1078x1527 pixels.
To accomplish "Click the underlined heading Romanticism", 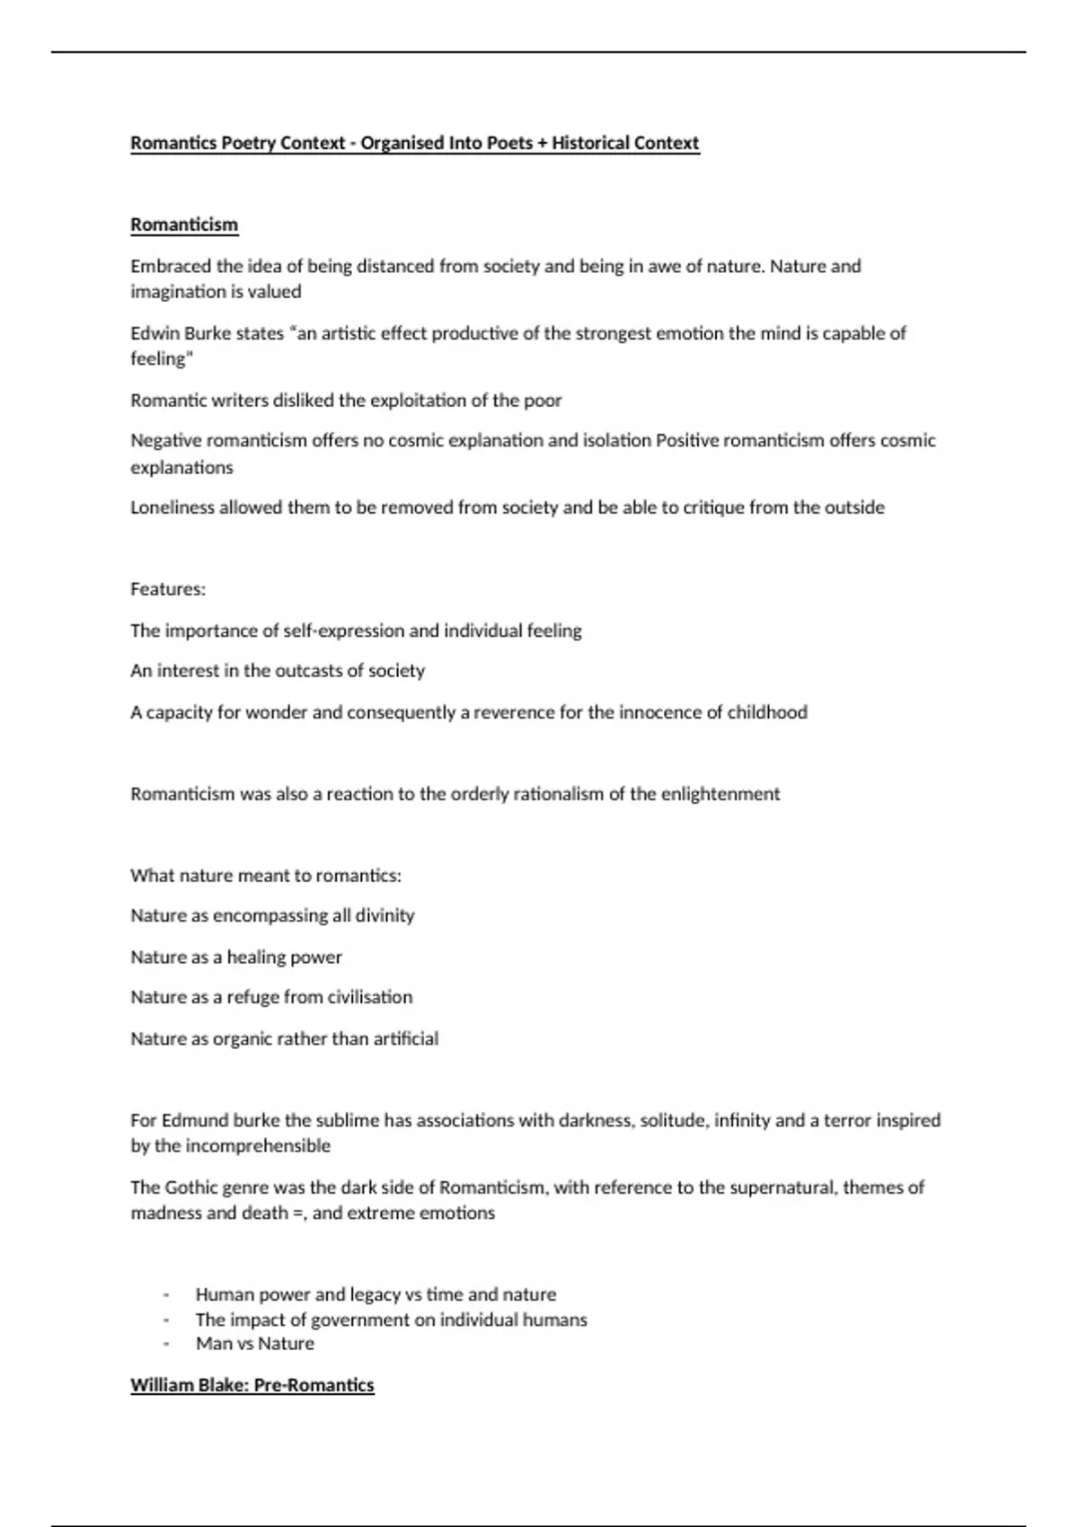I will coord(184,225).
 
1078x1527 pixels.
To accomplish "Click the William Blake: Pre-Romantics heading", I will coord(252,1385).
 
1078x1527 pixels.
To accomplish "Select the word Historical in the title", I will coord(590,143).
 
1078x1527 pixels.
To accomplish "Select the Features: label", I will coord(168,589).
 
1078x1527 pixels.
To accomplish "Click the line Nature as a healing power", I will coord(236,957).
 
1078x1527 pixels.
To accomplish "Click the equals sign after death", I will coord(298,1214).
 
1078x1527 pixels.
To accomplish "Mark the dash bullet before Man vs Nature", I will coord(167,1345).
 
